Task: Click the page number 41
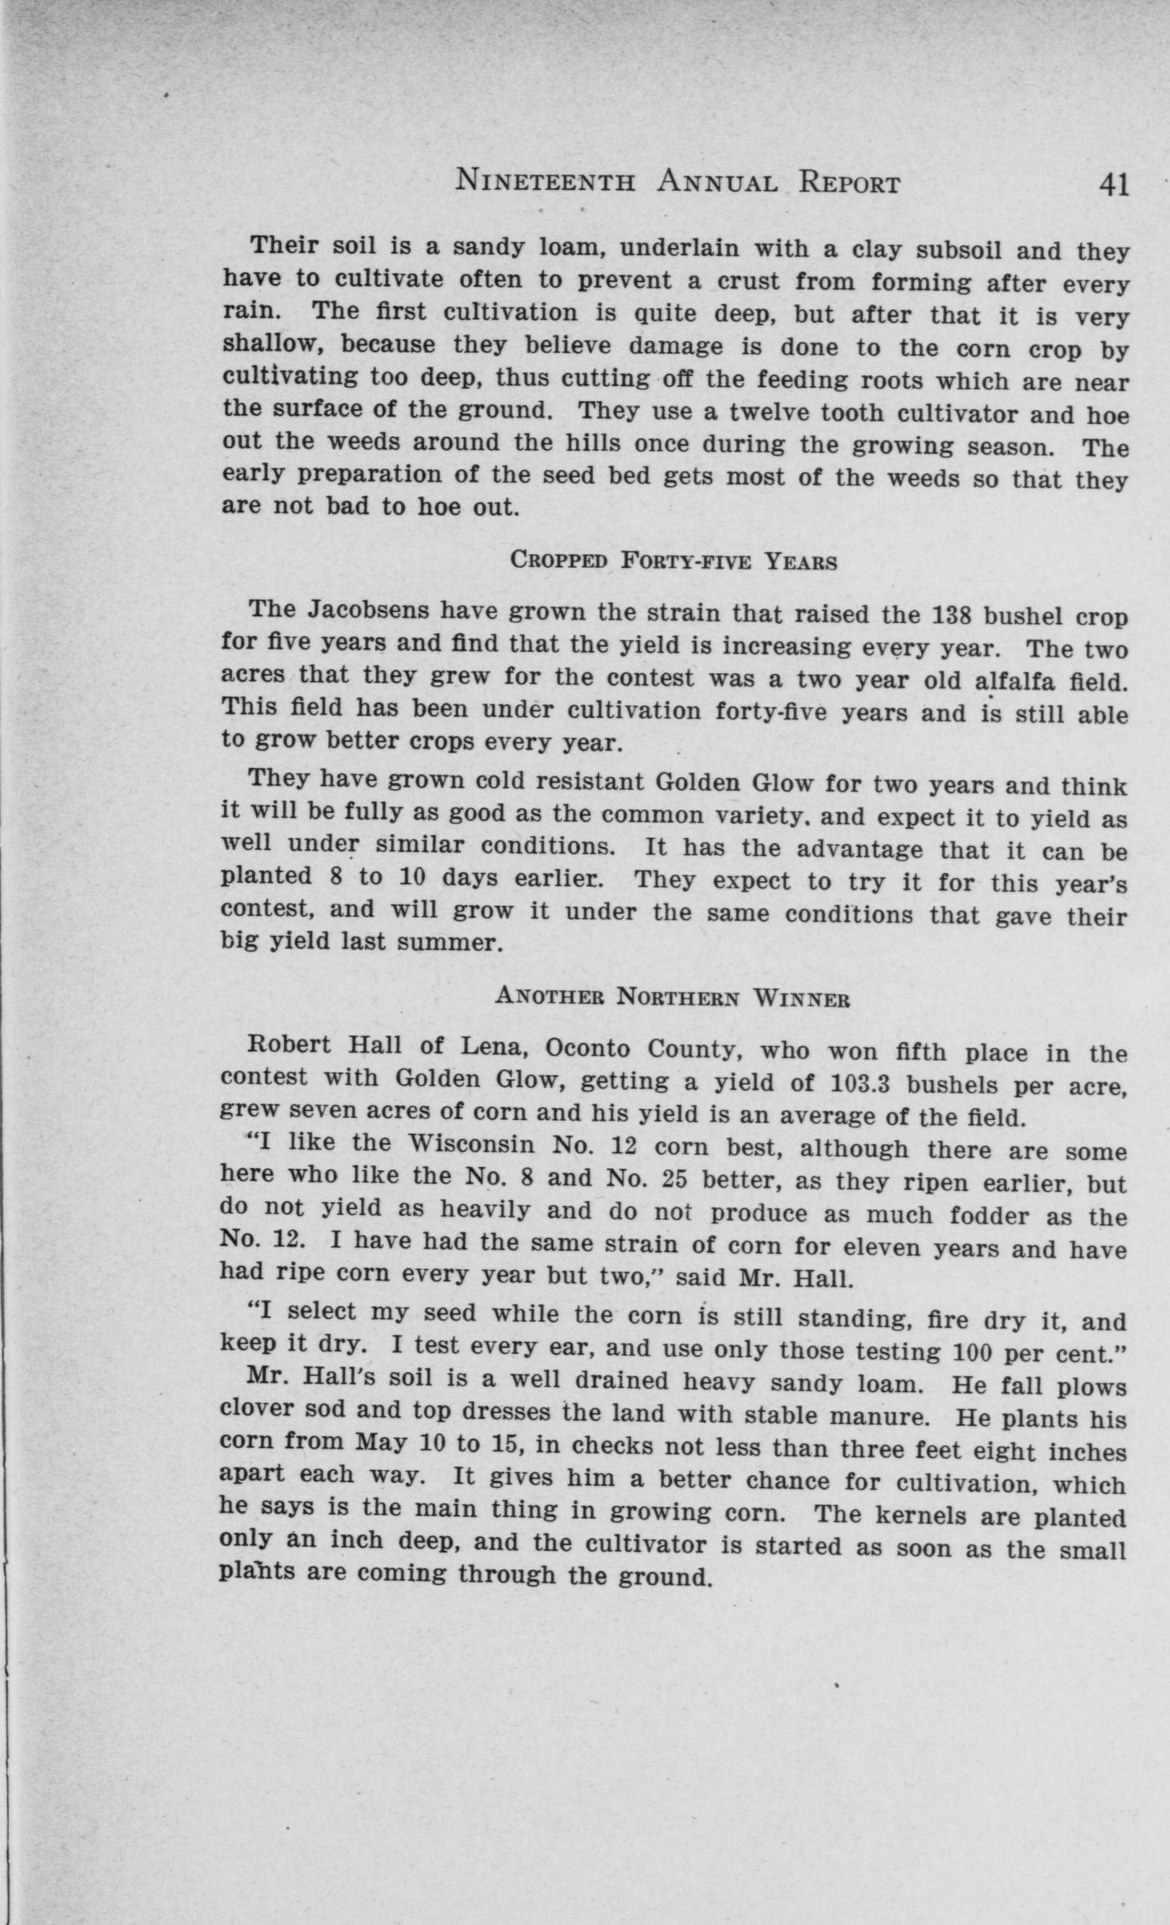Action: (x=1113, y=185)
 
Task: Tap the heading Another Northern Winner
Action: (x=673, y=997)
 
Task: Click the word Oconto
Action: (x=587, y=1049)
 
